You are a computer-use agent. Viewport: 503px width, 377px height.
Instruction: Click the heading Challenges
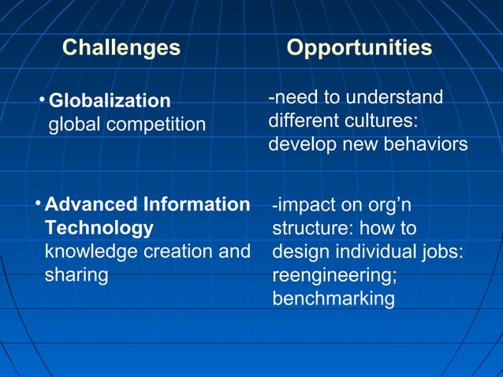coord(121,48)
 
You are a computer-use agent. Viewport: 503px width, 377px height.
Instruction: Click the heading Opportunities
coord(359,48)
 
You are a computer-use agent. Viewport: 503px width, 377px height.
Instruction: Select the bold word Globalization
coord(110,101)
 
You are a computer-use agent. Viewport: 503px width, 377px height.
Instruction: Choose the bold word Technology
coord(99,229)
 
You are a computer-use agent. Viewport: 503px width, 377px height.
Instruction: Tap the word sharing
coord(76,276)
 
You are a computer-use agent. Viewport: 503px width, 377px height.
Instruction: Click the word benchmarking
coord(333,300)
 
